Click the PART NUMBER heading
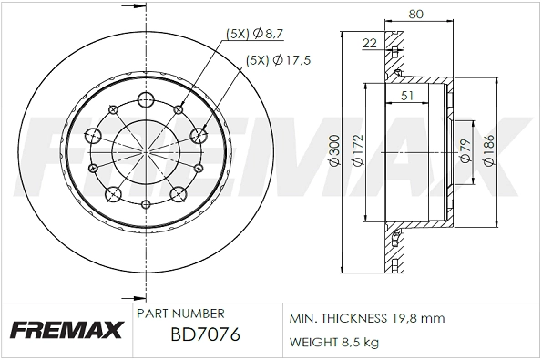(179, 313)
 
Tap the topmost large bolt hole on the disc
(146, 99)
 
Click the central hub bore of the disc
(146, 150)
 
